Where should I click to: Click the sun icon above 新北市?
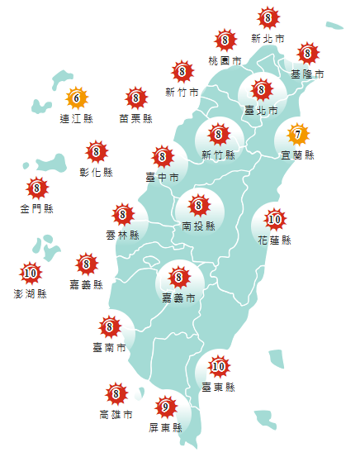pyautogui.click(x=268, y=17)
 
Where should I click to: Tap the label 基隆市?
pyautogui.click(x=307, y=74)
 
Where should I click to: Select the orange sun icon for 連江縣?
pyautogui.click(x=76, y=98)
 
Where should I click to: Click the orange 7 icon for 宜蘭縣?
pyautogui.click(x=297, y=133)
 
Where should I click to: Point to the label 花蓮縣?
pyautogui.click(x=274, y=240)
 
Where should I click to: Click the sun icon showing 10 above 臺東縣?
pyautogui.click(x=218, y=366)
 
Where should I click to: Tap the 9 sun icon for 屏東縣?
pyautogui.click(x=165, y=407)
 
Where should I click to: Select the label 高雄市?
pyautogui.click(x=116, y=415)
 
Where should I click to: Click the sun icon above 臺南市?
pyautogui.click(x=109, y=328)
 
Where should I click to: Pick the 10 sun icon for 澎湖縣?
pyautogui.click(x=31, y=272)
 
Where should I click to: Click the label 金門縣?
pyautogui.click(x=36, y=209)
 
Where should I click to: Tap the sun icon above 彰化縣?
pyautogui.click(x=97, y=152)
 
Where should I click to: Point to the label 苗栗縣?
pyautogui.click(x=135, y=119)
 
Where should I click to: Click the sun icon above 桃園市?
pyautogui.click(x=225, y=40)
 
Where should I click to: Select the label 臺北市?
pyautogui.click(x=261, y=109)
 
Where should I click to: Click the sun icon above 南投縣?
pyautogui.click(x=198, y=204)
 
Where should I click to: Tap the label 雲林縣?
pyautogui.click(x=122, y=236)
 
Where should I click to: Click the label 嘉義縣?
pyautogui.click(x=87, y=285)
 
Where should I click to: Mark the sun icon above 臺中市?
pyautogui.click(x=162, y=156)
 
